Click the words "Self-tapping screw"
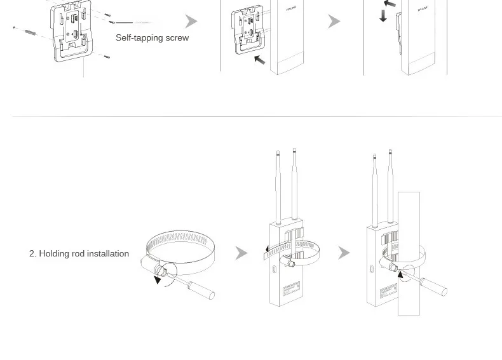(x=152, y=38)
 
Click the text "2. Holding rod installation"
(x=79, y=253)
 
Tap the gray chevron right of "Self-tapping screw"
(x=191, y=22)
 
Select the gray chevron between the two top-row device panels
(x=334, y=22)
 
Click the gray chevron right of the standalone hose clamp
(x=241, y=253)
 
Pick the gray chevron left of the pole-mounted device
(x=344, y=253)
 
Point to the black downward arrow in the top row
(x=383, y=16)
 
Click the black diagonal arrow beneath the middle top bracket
(x=259, y=60)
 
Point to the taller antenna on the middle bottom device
(x=294, y=184)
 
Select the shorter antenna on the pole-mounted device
(x=375, y=189)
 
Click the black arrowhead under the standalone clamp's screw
(x=158, y=279)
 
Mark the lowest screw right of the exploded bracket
(x=105, y=57)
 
